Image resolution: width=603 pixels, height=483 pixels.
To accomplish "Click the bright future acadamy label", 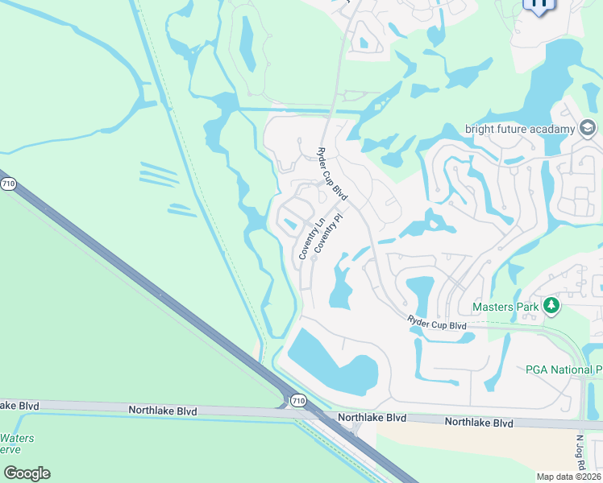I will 520,129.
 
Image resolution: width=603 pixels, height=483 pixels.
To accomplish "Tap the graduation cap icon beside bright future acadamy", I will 588,128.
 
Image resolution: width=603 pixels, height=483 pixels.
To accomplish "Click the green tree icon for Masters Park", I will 551,305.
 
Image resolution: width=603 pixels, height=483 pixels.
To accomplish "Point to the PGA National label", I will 563,369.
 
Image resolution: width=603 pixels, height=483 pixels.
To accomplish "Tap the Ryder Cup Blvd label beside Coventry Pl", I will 331,175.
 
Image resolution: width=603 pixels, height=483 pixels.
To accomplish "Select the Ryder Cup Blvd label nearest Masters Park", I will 437,323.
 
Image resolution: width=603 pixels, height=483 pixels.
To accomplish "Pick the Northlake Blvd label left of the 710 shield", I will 163,411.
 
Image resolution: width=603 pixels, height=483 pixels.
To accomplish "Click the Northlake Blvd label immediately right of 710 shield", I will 372,418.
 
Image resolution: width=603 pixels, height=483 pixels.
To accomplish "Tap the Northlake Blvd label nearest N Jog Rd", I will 479,423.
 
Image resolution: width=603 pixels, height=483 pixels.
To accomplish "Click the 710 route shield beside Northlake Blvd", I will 298,400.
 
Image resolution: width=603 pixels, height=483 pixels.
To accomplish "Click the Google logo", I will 27,473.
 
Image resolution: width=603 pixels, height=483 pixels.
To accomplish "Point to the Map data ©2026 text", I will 569,477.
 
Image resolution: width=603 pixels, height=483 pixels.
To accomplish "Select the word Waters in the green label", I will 17,439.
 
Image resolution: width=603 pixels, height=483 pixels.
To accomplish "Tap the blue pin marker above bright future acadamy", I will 538,4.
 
